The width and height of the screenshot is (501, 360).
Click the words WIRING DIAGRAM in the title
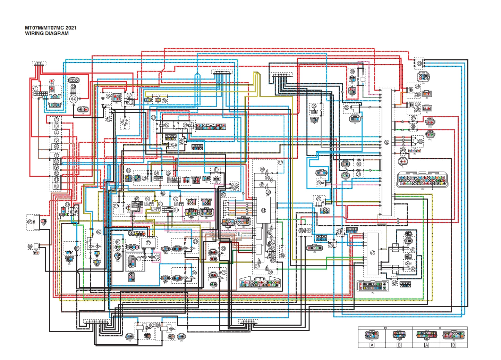46,33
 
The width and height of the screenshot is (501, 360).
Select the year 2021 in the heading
71,28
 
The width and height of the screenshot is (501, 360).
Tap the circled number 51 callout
263,210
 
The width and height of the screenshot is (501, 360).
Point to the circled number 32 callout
387,142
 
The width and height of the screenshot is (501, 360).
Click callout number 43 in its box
372,253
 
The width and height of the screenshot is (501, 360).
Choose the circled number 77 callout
148,243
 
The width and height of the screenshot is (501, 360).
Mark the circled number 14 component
74,99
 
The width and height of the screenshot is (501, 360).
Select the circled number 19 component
125,122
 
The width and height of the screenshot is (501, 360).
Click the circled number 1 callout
36,89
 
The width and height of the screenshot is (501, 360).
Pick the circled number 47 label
280,162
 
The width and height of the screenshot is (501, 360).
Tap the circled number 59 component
235,186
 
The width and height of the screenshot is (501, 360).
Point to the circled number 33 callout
419,64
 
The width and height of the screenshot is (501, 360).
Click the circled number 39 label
420,141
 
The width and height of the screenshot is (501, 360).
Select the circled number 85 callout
30,221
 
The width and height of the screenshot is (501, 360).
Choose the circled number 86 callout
30,246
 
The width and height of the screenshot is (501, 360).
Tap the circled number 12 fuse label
56,186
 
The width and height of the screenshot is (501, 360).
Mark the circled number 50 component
268,192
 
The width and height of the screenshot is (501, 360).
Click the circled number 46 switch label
282,256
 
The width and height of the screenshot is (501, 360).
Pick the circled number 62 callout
128,170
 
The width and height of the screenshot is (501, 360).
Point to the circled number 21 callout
153,118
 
